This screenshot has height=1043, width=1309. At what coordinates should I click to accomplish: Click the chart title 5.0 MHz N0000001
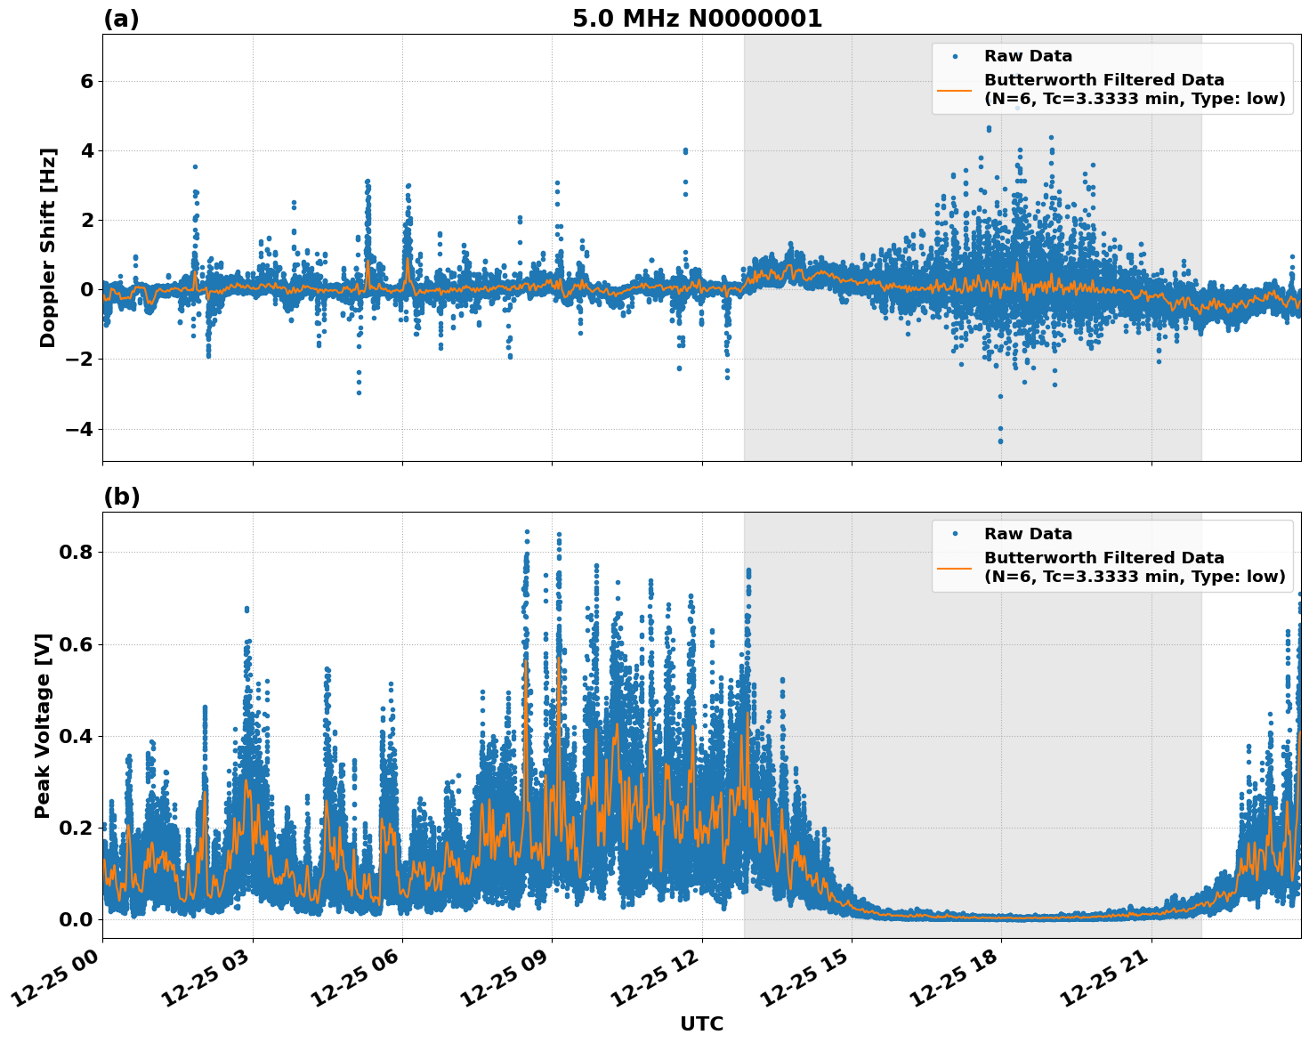tap(697, 19)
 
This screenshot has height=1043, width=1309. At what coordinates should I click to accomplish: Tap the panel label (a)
tap(121, 19)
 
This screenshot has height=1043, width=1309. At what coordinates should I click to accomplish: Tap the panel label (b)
tap(121, 497)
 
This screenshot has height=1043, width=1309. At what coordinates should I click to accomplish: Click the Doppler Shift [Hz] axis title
tap(48, 247)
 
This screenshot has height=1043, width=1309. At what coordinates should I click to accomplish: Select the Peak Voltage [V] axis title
tap(43, 725)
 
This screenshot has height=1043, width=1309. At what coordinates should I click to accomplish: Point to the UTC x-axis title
tap(701, 1023)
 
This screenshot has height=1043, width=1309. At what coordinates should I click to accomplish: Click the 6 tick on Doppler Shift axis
tap(87, 82)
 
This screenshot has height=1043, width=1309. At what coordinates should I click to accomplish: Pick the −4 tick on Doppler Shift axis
tap(80, 429)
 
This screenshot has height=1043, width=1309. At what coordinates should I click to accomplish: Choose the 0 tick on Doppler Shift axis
tap(87, 290)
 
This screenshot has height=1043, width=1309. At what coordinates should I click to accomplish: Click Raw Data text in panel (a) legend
tap(1028, 56)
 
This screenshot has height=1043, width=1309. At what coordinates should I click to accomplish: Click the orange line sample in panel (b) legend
tap(955, 567)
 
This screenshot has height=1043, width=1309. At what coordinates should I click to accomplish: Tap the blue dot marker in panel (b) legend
tap(955, 534)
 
